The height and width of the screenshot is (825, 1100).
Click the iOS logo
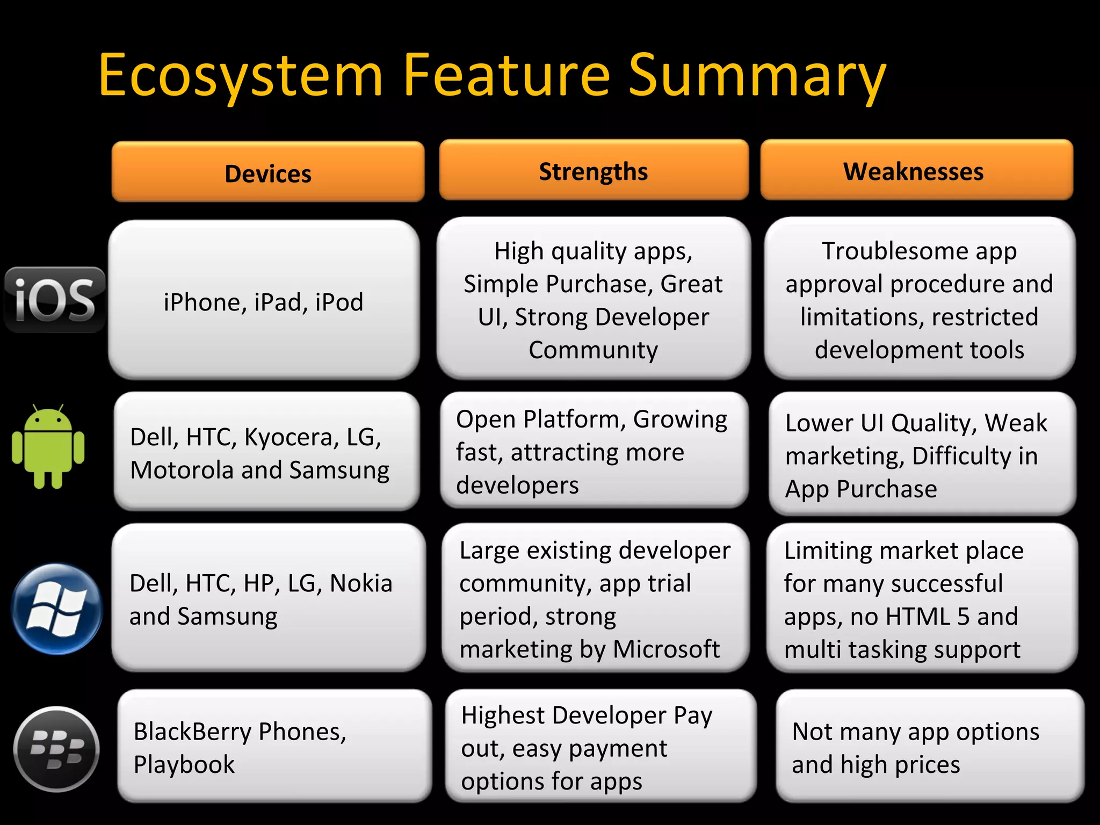(x=55, y=299)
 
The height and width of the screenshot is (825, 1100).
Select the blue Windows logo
(x=57, y=609)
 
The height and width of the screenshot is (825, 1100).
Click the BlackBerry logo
(x=57, y=749)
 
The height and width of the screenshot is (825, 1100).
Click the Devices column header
(x=268, y=173)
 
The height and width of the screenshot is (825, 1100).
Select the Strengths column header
(x=594, y=171)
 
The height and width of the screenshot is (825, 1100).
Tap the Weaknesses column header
(x=914, y=171)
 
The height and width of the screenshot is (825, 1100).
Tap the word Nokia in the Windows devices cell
(x=361, y=583)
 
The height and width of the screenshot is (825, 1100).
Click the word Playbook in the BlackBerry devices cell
(x=184, y=765)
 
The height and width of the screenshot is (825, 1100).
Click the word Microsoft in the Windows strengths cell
(x=666, y=649)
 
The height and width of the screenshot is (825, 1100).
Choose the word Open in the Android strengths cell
(x=486, y=420)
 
